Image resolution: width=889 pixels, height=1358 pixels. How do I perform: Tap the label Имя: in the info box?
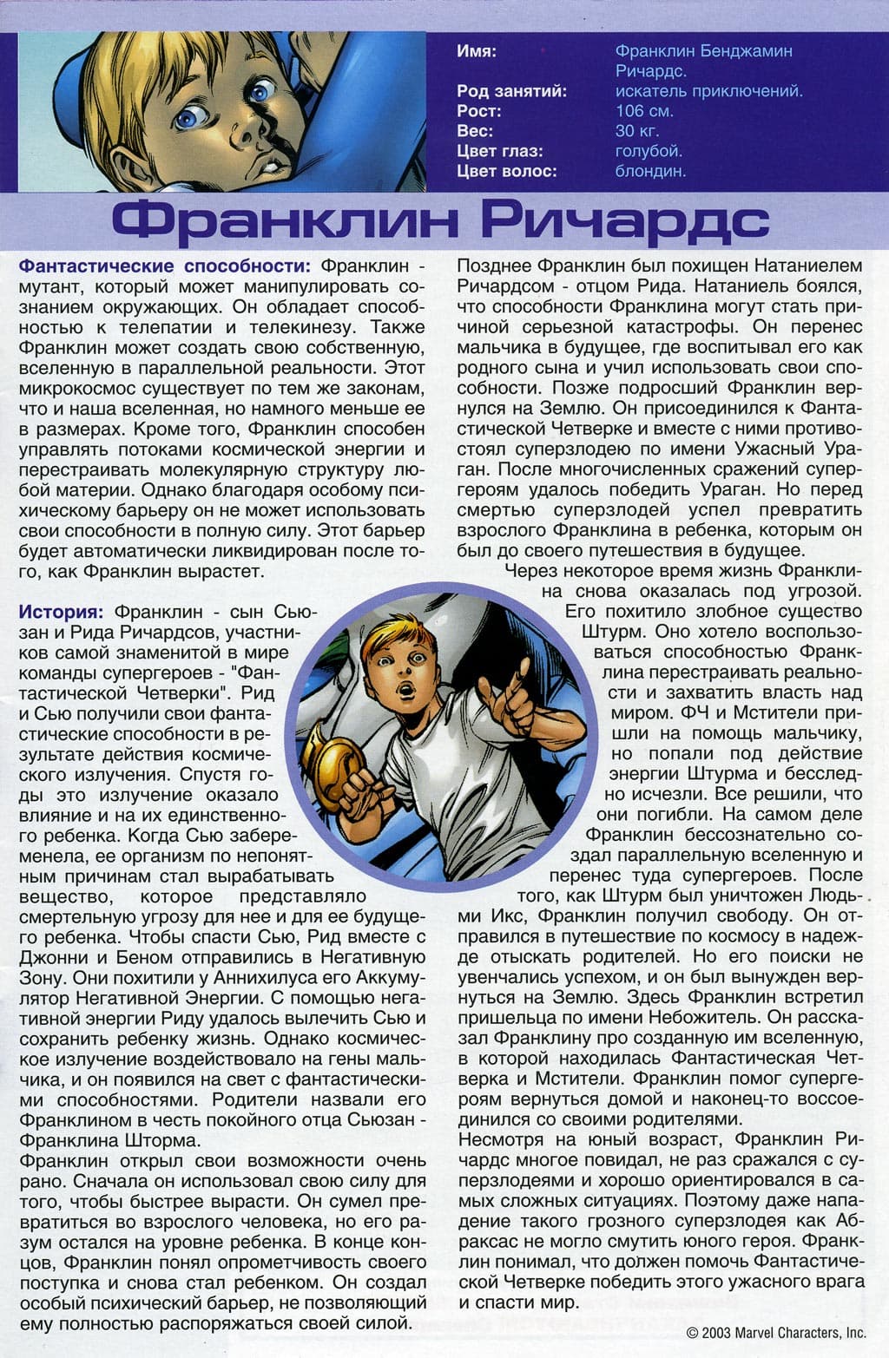477,51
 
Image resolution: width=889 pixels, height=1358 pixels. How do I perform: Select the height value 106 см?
644,111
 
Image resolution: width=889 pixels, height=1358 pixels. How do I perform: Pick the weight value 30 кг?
637,131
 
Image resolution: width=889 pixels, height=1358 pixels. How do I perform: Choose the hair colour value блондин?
650,171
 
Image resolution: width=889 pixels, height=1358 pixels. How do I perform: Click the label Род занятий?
511,91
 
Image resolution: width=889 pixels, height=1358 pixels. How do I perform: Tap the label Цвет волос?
507,171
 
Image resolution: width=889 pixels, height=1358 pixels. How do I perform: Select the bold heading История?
61,611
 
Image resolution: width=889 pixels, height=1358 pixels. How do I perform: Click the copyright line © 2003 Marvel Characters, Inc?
775,1332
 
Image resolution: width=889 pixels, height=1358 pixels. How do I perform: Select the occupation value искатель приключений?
708,91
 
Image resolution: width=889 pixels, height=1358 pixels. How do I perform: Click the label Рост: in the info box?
478,111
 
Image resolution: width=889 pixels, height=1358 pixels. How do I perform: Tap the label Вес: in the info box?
474,131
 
